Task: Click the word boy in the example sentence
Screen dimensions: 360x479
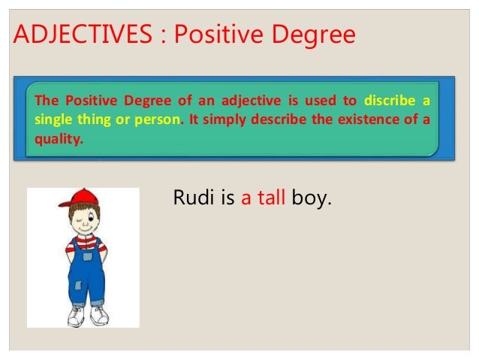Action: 315,199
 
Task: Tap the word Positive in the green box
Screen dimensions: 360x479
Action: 89,101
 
